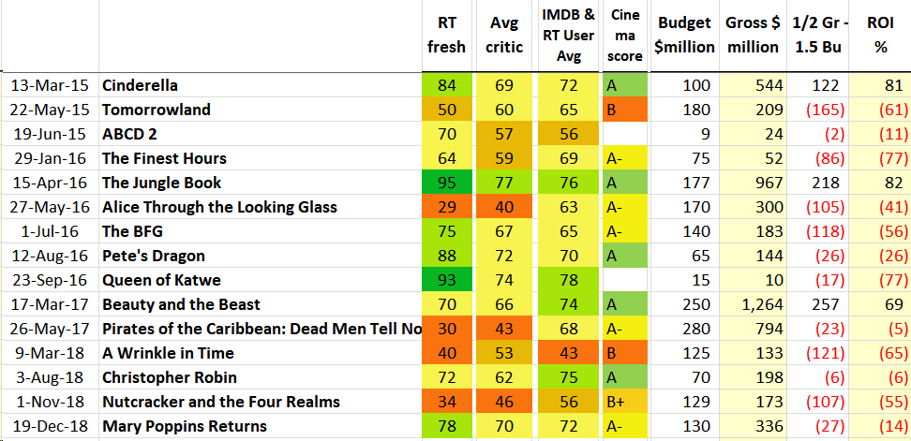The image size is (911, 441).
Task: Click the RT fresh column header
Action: pos(446,35)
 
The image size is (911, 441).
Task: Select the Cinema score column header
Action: pos(625,35)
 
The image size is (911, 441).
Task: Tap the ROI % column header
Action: pos(881,35)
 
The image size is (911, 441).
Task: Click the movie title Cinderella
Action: pos(140,85)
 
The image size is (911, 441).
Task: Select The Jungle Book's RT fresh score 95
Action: pos(447,183)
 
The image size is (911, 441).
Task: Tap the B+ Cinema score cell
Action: pos(625,402)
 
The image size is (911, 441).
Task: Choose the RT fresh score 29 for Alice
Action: pos(447,207)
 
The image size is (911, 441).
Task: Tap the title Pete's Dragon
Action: pos(153,256)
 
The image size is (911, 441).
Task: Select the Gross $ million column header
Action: pos(752,35)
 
